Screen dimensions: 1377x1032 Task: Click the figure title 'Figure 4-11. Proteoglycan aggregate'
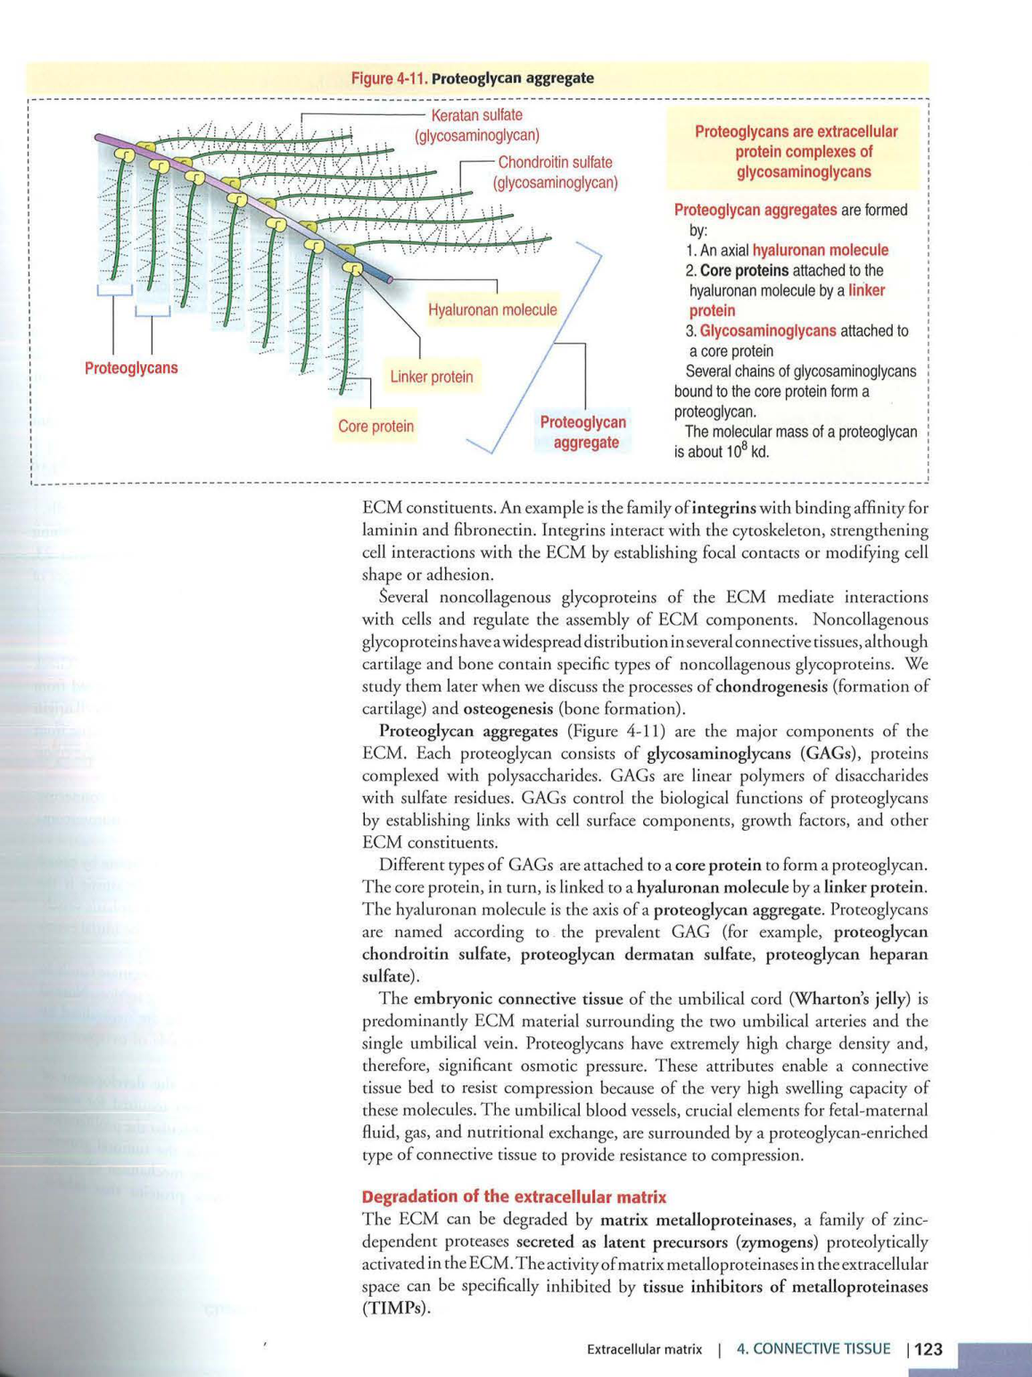472,79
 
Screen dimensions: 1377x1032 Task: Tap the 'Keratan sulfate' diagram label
476,115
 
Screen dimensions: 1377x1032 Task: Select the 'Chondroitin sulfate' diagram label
555,162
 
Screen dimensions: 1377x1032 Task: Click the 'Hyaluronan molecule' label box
491,310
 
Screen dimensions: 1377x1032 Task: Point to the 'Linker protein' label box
432,377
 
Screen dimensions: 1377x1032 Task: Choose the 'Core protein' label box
376,427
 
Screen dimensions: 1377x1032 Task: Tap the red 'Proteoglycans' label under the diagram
131,368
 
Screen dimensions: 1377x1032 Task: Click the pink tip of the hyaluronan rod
390,279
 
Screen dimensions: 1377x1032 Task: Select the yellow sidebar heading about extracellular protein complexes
796,152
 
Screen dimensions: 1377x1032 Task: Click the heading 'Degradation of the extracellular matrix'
514,1197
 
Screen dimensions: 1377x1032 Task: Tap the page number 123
928,1349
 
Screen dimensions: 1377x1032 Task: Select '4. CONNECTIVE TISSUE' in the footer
813,1349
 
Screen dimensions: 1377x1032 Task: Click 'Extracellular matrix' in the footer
644,1349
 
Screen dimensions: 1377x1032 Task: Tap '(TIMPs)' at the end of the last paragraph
395,1309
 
